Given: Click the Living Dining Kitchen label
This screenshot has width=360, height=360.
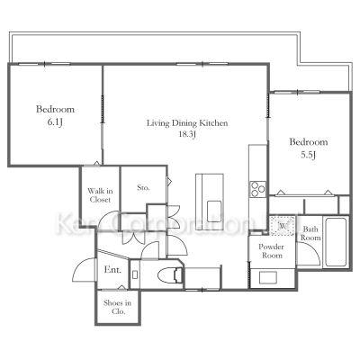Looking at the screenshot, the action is point(187,123).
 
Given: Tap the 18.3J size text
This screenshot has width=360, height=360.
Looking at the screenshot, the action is point(187,134).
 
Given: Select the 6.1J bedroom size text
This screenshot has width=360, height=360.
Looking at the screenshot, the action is point(55,122).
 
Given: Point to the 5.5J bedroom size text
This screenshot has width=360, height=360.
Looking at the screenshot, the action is point(309,155).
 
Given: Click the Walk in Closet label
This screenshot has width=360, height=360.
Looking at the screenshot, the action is point(100,195).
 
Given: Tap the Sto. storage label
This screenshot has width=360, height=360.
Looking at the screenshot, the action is point(143,188).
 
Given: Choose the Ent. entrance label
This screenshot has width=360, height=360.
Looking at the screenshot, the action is point(112,270).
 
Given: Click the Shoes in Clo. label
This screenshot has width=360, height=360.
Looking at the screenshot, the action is point(117,307).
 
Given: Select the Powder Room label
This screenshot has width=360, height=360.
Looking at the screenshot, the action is point(271,251).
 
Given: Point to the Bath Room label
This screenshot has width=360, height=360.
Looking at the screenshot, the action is point(310,233).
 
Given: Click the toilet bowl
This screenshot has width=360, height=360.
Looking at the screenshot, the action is point(169,274).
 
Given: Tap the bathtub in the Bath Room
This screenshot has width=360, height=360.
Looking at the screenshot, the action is point(336,242).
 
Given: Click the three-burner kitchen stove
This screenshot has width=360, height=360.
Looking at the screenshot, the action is point(257,189).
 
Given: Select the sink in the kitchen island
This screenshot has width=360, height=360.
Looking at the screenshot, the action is point(214,208).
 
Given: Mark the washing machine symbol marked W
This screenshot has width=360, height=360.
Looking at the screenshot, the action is point(283,225).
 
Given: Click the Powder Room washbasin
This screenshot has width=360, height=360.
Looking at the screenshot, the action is point(268,277).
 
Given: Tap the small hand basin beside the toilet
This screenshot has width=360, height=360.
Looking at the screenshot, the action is point(135,274).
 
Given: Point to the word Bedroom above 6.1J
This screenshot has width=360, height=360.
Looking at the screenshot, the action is point(55,109).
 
